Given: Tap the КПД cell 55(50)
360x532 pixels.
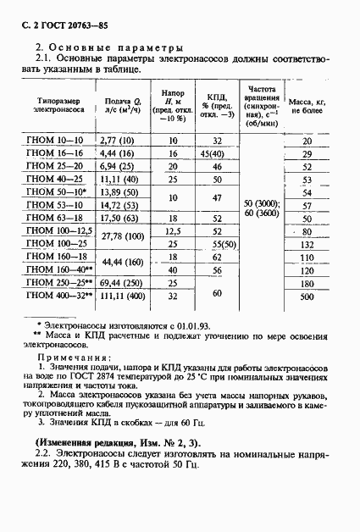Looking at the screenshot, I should tap(218, 245).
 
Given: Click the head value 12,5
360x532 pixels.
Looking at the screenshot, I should tap(173, 231).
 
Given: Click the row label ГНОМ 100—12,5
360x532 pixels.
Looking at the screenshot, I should tap(58, 231).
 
